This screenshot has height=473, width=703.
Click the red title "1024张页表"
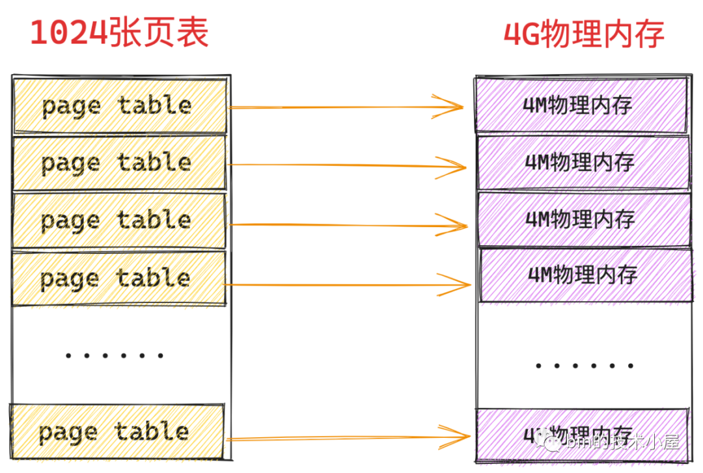click(x=119, y=33)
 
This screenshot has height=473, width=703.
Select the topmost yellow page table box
click(x=120, y=106)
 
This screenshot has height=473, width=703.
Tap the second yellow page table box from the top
click(x=120, y=163)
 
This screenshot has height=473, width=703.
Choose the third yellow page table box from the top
click(x=120, y=220)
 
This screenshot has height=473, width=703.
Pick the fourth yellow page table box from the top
click(x=120, y=278)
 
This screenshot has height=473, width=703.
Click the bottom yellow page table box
click(x=118, y=431)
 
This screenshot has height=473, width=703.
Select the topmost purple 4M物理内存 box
click(x=581, y=105)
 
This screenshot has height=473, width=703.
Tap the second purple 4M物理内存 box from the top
click(x=583, y=162)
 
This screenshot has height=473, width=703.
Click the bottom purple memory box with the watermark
click(x=581, y=435)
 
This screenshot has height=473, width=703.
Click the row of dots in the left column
click(x=115, y=356)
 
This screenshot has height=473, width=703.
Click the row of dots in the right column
click(x=584, y=366)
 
